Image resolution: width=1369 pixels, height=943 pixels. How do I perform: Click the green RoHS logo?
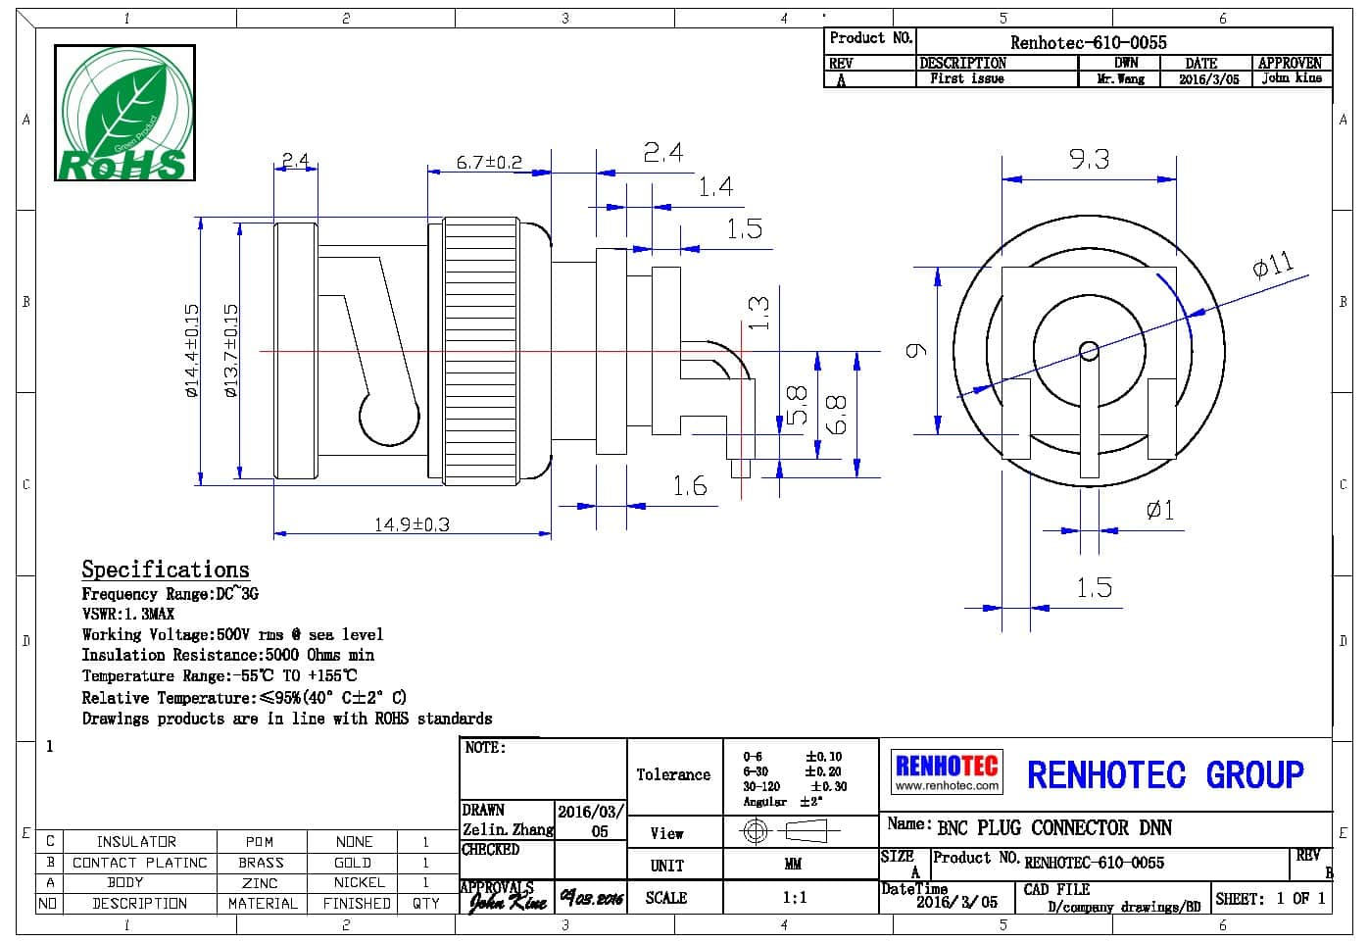point(124,113)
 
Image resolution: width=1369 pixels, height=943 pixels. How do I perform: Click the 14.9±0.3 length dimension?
point(412,524)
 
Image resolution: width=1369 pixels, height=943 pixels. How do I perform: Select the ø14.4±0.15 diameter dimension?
point(191,350)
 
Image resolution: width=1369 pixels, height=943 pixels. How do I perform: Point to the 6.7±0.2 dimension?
point(489,162)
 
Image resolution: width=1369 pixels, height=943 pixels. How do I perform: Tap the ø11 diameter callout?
point(1272,265)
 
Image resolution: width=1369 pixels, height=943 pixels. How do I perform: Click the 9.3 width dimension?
point(1089,159)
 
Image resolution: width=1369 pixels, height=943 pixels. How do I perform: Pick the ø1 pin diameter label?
point(1159,510)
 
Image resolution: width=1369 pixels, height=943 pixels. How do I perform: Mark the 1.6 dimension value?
point(689,485)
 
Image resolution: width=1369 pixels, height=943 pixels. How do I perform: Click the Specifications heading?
point(166,570)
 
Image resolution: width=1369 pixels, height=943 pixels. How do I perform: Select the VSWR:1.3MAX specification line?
point(128,614)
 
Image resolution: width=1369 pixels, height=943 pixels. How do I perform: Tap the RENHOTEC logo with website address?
point(947,771)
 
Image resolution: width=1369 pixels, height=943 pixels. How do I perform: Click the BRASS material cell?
point(261,863)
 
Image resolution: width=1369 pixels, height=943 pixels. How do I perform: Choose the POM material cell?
point(260,841)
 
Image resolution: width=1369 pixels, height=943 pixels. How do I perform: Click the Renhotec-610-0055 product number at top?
point(1088,42)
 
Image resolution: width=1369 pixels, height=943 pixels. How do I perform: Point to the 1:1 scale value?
point(794,897)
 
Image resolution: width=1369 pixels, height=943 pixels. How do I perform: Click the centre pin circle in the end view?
point(1088,350)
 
